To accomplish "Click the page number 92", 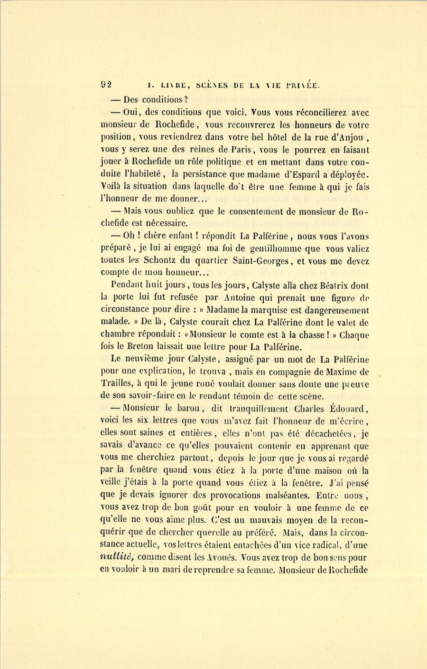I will tap(106, 85).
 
